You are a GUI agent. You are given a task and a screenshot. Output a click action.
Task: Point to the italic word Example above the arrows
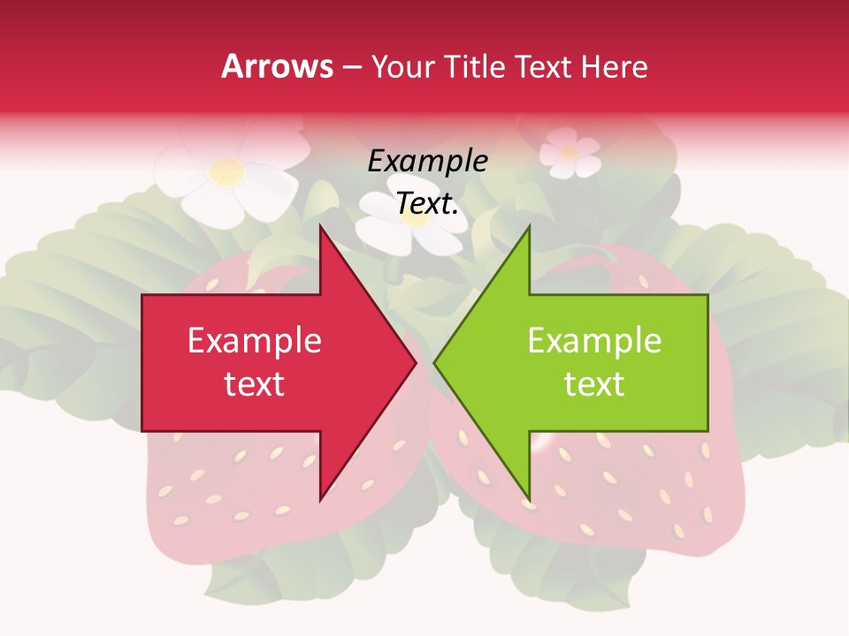click(x=428, y=161)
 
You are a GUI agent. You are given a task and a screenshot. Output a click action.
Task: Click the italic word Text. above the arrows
click(x=428, y=204)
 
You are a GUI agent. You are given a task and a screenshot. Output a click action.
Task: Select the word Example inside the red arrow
click(x=255, y=340)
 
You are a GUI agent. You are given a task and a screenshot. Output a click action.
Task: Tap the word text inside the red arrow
click(x=255, y=383)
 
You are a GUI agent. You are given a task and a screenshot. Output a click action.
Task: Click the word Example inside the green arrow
click(x=594, y=340)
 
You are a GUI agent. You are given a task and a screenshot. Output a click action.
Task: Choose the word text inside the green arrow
click(x=594, y=383)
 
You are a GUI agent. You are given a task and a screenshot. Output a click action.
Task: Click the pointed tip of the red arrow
click(x=415, y=362)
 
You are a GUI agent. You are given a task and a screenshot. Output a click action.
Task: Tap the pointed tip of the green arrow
click(x=435, y=362)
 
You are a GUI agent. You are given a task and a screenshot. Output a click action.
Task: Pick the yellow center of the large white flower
click(x=226, y=171)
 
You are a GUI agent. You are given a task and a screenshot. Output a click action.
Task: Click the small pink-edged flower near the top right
click(x=570, y=152)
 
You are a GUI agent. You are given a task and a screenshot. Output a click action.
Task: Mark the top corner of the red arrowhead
click(x=320, y=227)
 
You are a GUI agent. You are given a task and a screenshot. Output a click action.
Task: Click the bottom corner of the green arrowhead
click(x=529, y=500)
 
